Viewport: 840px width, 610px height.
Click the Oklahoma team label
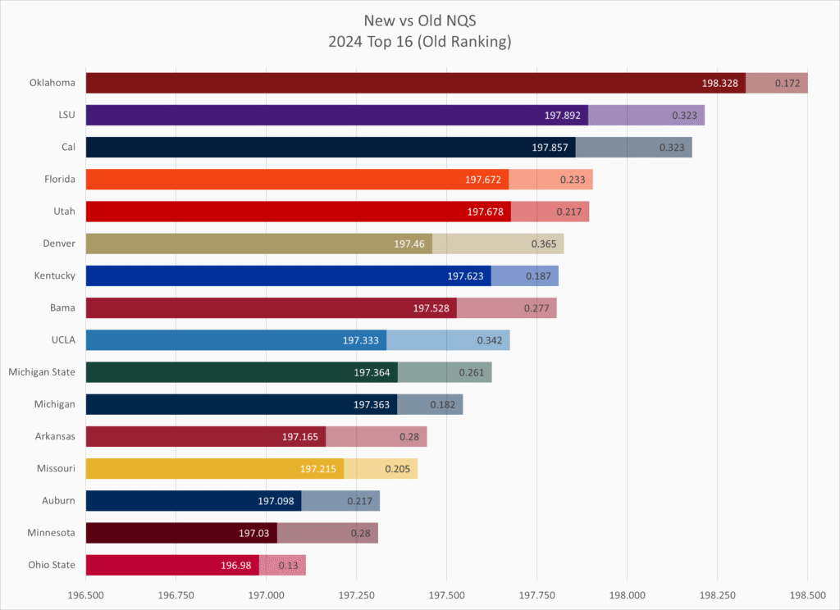click(52, 83)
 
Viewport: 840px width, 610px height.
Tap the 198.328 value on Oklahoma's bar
click(722, 83)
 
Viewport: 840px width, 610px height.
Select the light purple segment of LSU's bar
click(646, 115)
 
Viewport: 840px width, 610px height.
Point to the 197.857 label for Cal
click(551, 148)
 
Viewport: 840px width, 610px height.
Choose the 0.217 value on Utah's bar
click(568, 212)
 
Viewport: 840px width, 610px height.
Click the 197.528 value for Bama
click(433, 308)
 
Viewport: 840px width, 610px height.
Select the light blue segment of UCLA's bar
click(448, 340)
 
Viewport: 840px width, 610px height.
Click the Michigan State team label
click(42, 372)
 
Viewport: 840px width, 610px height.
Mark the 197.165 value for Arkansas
click(300, 437)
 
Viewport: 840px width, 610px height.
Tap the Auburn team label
click(58, 500)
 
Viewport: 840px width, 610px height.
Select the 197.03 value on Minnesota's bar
click(254, 533)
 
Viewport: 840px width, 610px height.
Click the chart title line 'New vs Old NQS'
click(420, 20)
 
